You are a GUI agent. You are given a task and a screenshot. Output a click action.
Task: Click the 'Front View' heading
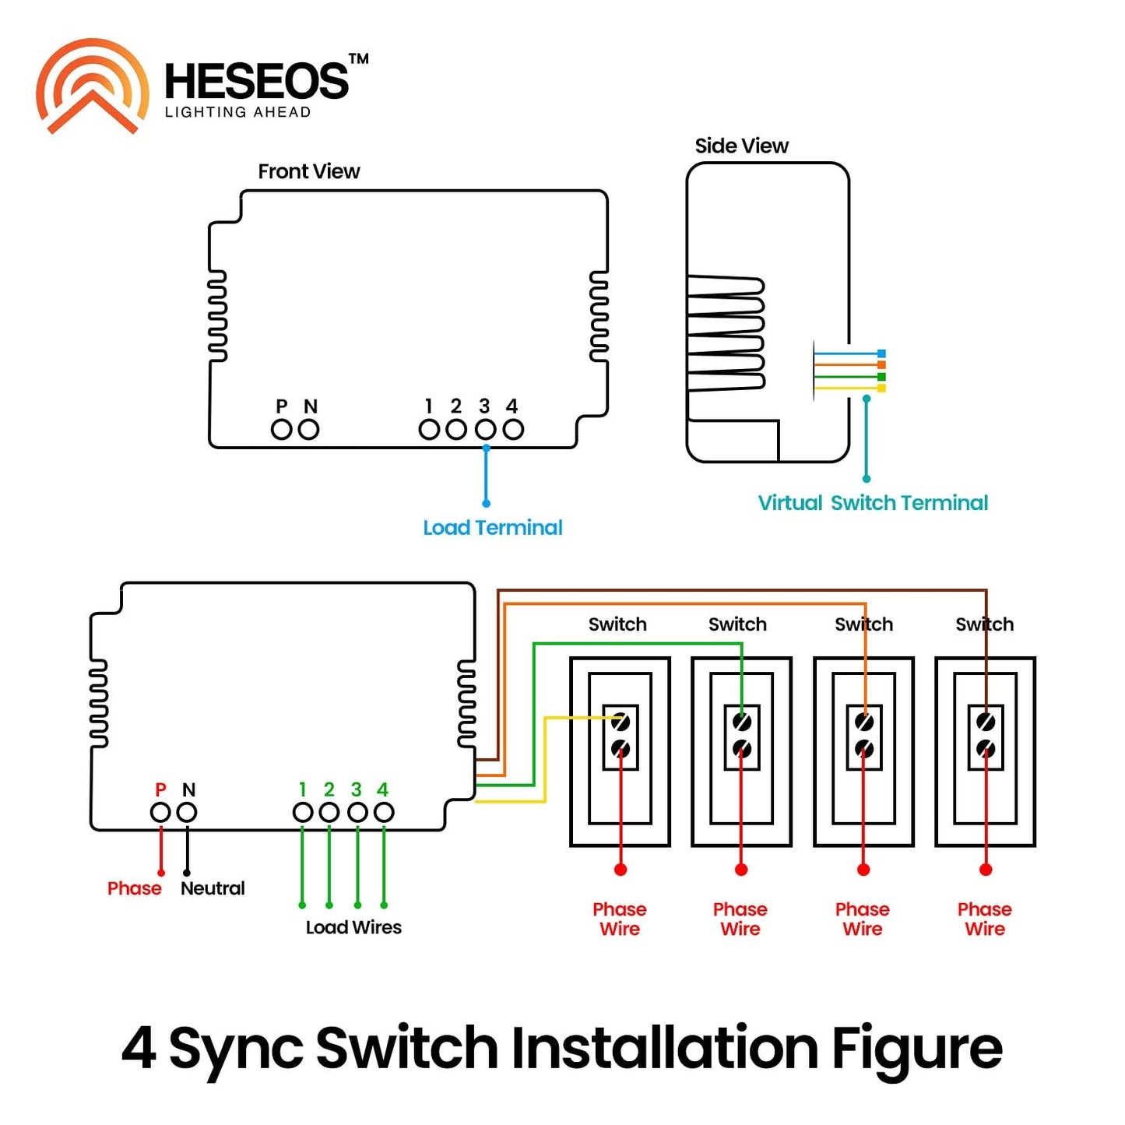pos(308,171)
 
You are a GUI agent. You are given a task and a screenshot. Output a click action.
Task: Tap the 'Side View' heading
pos(741,146)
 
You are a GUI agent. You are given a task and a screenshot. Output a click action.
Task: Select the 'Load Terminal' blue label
pos(492,528)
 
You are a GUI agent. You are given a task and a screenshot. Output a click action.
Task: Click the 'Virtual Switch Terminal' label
pos(873,503)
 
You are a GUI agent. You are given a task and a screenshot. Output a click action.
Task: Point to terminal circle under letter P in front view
pos(281,429)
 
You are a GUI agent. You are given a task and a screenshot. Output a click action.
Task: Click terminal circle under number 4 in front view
pos(513,429)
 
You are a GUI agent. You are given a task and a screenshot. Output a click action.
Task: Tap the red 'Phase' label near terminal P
pos(135,888)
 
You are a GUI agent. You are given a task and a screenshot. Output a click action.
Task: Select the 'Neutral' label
pos(213,888)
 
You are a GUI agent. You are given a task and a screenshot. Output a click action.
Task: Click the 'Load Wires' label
pos(353,927)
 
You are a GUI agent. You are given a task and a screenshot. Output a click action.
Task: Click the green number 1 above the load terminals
pos(302,789)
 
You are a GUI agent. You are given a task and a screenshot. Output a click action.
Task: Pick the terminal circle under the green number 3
pos(357,812)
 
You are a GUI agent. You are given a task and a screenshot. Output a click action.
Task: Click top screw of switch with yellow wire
pos(621,722)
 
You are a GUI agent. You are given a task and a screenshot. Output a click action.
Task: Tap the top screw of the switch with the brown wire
pos(986,722)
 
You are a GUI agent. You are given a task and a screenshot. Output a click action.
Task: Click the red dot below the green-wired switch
pos(741,870)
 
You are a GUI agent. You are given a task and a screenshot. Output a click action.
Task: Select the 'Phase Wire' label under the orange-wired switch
pos(863,919)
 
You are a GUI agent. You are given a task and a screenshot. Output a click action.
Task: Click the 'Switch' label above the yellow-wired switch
pos(617,624)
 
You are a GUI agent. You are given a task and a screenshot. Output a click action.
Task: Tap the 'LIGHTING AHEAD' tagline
pos(237,112)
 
